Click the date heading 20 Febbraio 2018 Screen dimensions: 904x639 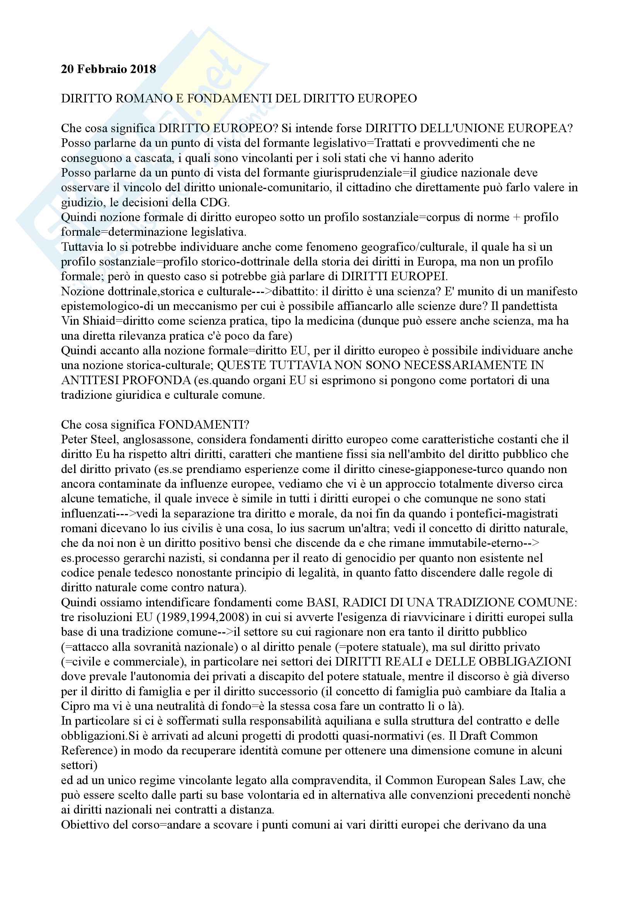[x=108, y=69]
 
